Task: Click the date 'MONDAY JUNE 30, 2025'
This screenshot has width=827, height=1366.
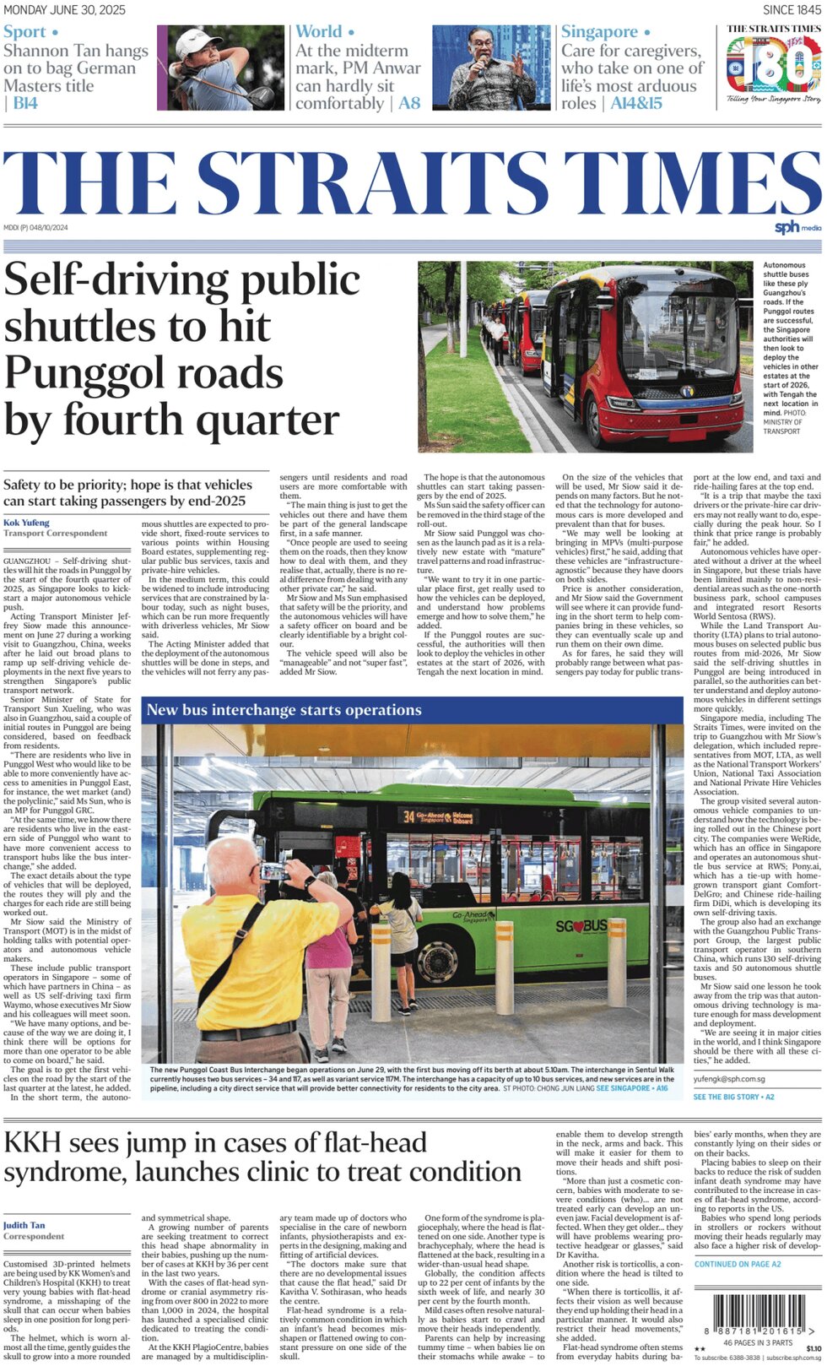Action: click(x=64, y=10)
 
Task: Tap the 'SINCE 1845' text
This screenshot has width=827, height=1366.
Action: click(x=791, y=10)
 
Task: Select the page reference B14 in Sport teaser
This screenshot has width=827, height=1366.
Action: click(x=24, y=104)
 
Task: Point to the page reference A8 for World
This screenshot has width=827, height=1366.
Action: click(x=409, y=104)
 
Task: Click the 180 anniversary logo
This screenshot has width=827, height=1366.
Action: click(x=774, y=66)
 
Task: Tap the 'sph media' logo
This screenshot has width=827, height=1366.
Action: click(x=797, y=227)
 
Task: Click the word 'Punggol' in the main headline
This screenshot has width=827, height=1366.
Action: click(x=143, y=373)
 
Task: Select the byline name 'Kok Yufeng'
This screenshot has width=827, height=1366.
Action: click(x=27, y=523)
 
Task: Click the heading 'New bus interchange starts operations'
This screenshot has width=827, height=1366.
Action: click(x=284, y=710)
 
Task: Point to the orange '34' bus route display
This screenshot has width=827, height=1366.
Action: click(x=408, y=816)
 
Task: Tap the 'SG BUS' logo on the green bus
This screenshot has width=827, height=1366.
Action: click(x=581, y=926)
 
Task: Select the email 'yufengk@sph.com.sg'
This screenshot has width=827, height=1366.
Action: click(x=729, y=1079)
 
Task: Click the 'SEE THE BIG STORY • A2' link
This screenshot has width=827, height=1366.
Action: click(x=733, y=1097)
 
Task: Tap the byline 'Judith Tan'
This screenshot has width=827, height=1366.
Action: click(x=24, y=1225)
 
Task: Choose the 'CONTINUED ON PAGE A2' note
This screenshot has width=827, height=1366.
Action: click(x=738, y=1264)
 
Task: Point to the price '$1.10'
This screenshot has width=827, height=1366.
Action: click(x=813, y=1348)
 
